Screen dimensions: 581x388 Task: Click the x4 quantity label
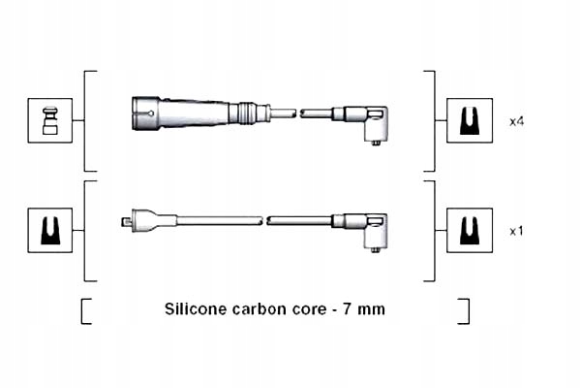pos(517,121)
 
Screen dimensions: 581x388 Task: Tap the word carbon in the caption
pos(257,309)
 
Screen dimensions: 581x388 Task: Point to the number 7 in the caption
pos(347,309)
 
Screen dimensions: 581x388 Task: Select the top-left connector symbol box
pos(49,121)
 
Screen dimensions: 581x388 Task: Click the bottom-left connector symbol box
pos(49,230)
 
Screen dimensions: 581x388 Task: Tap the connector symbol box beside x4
pos(469,121)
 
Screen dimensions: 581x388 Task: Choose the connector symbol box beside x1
pos(469,230)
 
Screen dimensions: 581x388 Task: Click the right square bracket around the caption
pos(465,310)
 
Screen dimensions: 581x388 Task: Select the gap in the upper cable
pos(297,113)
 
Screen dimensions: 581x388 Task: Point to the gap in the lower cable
pos(263,220)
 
